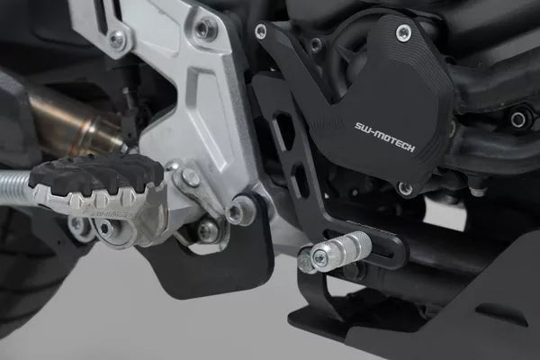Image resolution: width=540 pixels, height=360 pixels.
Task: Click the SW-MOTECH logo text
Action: [x=384, y=137]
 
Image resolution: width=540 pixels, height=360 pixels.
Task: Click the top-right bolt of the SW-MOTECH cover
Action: [x=403, y=33]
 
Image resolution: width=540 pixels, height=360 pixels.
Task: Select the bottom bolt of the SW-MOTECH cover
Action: [x=405, y=188]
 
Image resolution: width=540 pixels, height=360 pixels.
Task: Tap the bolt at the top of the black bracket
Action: [x=261, y=31]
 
